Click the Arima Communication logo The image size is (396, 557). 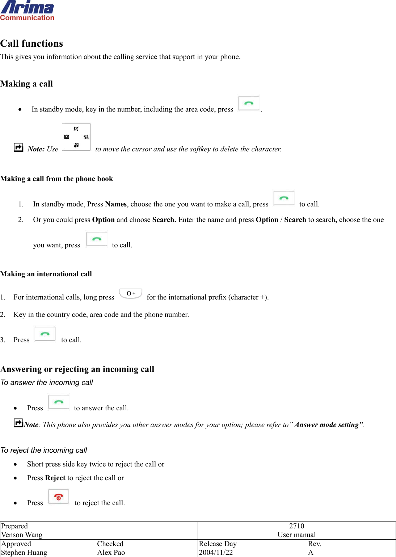[x=27, y=11]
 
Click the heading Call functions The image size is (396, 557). [x=32, y=43]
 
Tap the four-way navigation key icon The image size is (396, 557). [x=76, y=137]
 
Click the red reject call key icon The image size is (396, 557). [x=58, y=497]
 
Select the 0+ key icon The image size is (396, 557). [x=131, y=293]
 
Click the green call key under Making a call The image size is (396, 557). [x=249, y=103]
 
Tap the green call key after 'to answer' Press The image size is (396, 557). [x=59, y=402]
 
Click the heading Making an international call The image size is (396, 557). [x=46, y=274]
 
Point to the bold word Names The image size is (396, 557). [x=116, y=204]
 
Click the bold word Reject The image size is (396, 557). [x=55, y=478]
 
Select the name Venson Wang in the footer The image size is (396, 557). [x=22, y=535]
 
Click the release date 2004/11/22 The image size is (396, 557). [x=216, y=553]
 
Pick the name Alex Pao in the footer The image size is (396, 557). [x=111, y=553]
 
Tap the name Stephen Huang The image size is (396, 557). [x=24, y=553]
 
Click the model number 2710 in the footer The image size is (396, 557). [x=296, y=526]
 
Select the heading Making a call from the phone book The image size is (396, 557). [x=57, y=179]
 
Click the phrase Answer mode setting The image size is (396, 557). [x=328, y=425]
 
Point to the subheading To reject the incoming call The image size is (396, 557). [x=44, y=450]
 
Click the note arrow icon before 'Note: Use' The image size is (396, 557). [x=18, y=147]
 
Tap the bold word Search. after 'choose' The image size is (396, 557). [x=164, y=220]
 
